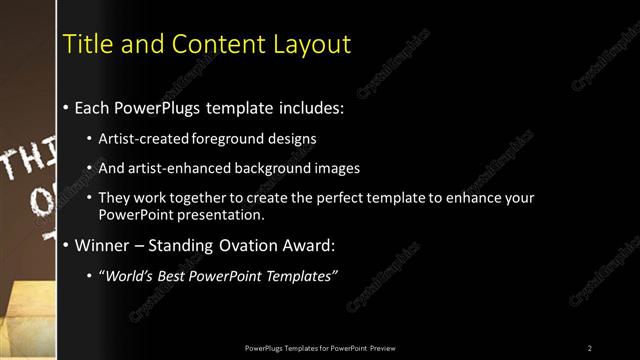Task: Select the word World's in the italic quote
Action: pyautogui.click(x=128, y=276)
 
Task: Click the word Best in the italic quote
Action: pyautogui.click(x=173, y=276)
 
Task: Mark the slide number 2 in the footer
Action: pyautogui.click(x=589, y=347)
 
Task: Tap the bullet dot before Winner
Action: pyautogui.click(x=66, y=245)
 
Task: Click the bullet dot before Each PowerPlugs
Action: pyautogui.click(x=66, y=106)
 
